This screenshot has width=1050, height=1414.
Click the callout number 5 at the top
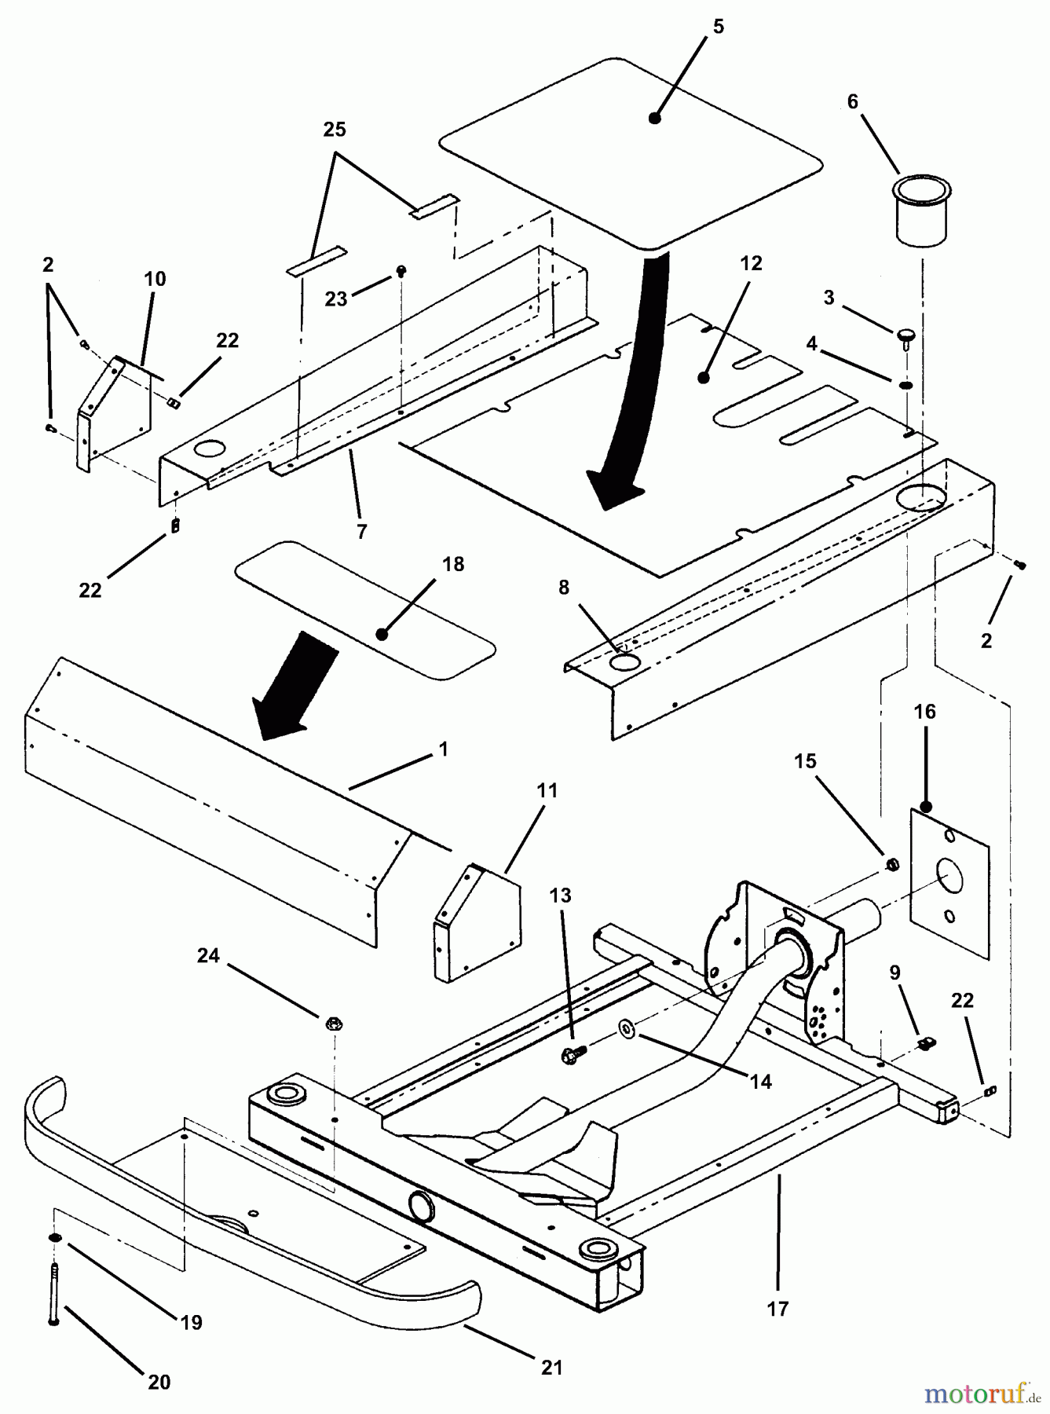pos(718,27)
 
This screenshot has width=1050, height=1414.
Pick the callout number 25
pos(335,130)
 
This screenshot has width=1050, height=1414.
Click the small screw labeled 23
pos(402,271)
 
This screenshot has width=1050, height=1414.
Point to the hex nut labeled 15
pos(892,864)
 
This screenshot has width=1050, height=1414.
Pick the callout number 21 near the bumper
pos(552,1368)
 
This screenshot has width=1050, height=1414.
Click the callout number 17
pos(777,1308)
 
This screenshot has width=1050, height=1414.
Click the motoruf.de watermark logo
pos(980,1394)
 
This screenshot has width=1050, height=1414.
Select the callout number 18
pos(453,564)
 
